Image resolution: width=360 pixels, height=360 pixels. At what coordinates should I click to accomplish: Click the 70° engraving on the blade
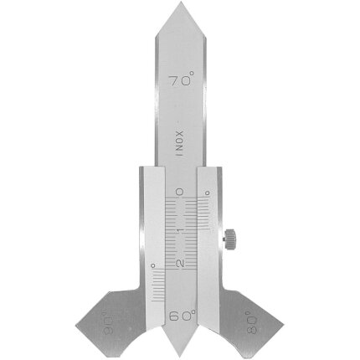pyautogui.click(x=178, y=84)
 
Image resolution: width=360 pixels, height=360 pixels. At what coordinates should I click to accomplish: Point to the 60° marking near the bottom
pyautogui.click(x=180, y=316)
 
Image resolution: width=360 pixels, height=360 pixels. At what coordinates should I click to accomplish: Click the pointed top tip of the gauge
pyautogui.click(x=178, y=5)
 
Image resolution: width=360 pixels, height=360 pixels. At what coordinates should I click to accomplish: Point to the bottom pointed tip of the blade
pyautogui.click(x=178, y=353)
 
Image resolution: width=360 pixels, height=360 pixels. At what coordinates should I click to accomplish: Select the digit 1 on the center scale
pyautogui.click(x=179, y=229)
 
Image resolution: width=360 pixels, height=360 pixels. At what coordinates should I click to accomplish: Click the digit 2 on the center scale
pyautogui.click(x=179, y=263)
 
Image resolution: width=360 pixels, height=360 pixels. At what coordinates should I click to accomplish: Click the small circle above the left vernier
pyautogui.click(x=152, y=267)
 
